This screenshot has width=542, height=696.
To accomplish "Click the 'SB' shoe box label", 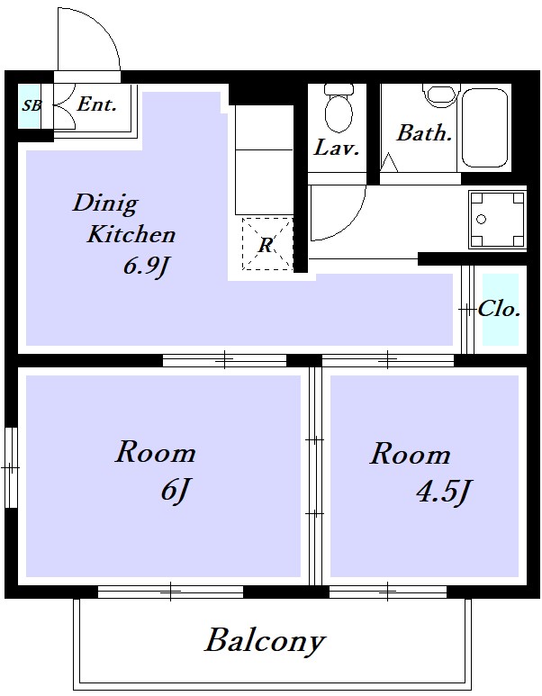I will tap(32, 105).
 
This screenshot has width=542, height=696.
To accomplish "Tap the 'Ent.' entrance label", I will tap(96, 104).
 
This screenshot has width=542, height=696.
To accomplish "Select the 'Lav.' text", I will tap(337, 149).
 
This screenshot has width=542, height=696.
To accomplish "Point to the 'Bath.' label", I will tap(424, 133).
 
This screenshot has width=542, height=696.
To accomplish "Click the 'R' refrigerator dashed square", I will tap(266, 243).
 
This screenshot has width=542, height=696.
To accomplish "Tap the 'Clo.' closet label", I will tap(500, 309).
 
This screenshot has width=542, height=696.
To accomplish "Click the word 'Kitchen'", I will tap(131, 236).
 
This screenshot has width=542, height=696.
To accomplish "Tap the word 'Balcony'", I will tap(264, 642).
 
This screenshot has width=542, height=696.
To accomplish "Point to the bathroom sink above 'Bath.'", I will tap(439, 95).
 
